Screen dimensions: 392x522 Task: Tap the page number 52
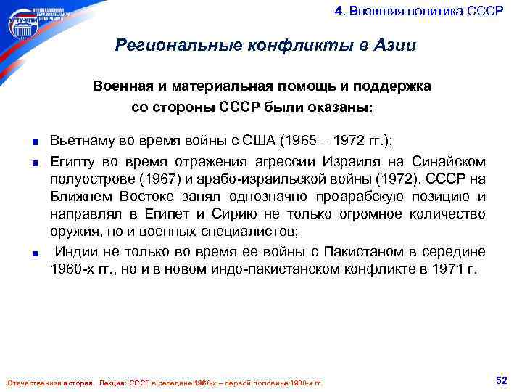[500, 380]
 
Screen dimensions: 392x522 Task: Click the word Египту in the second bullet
[72, 161]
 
